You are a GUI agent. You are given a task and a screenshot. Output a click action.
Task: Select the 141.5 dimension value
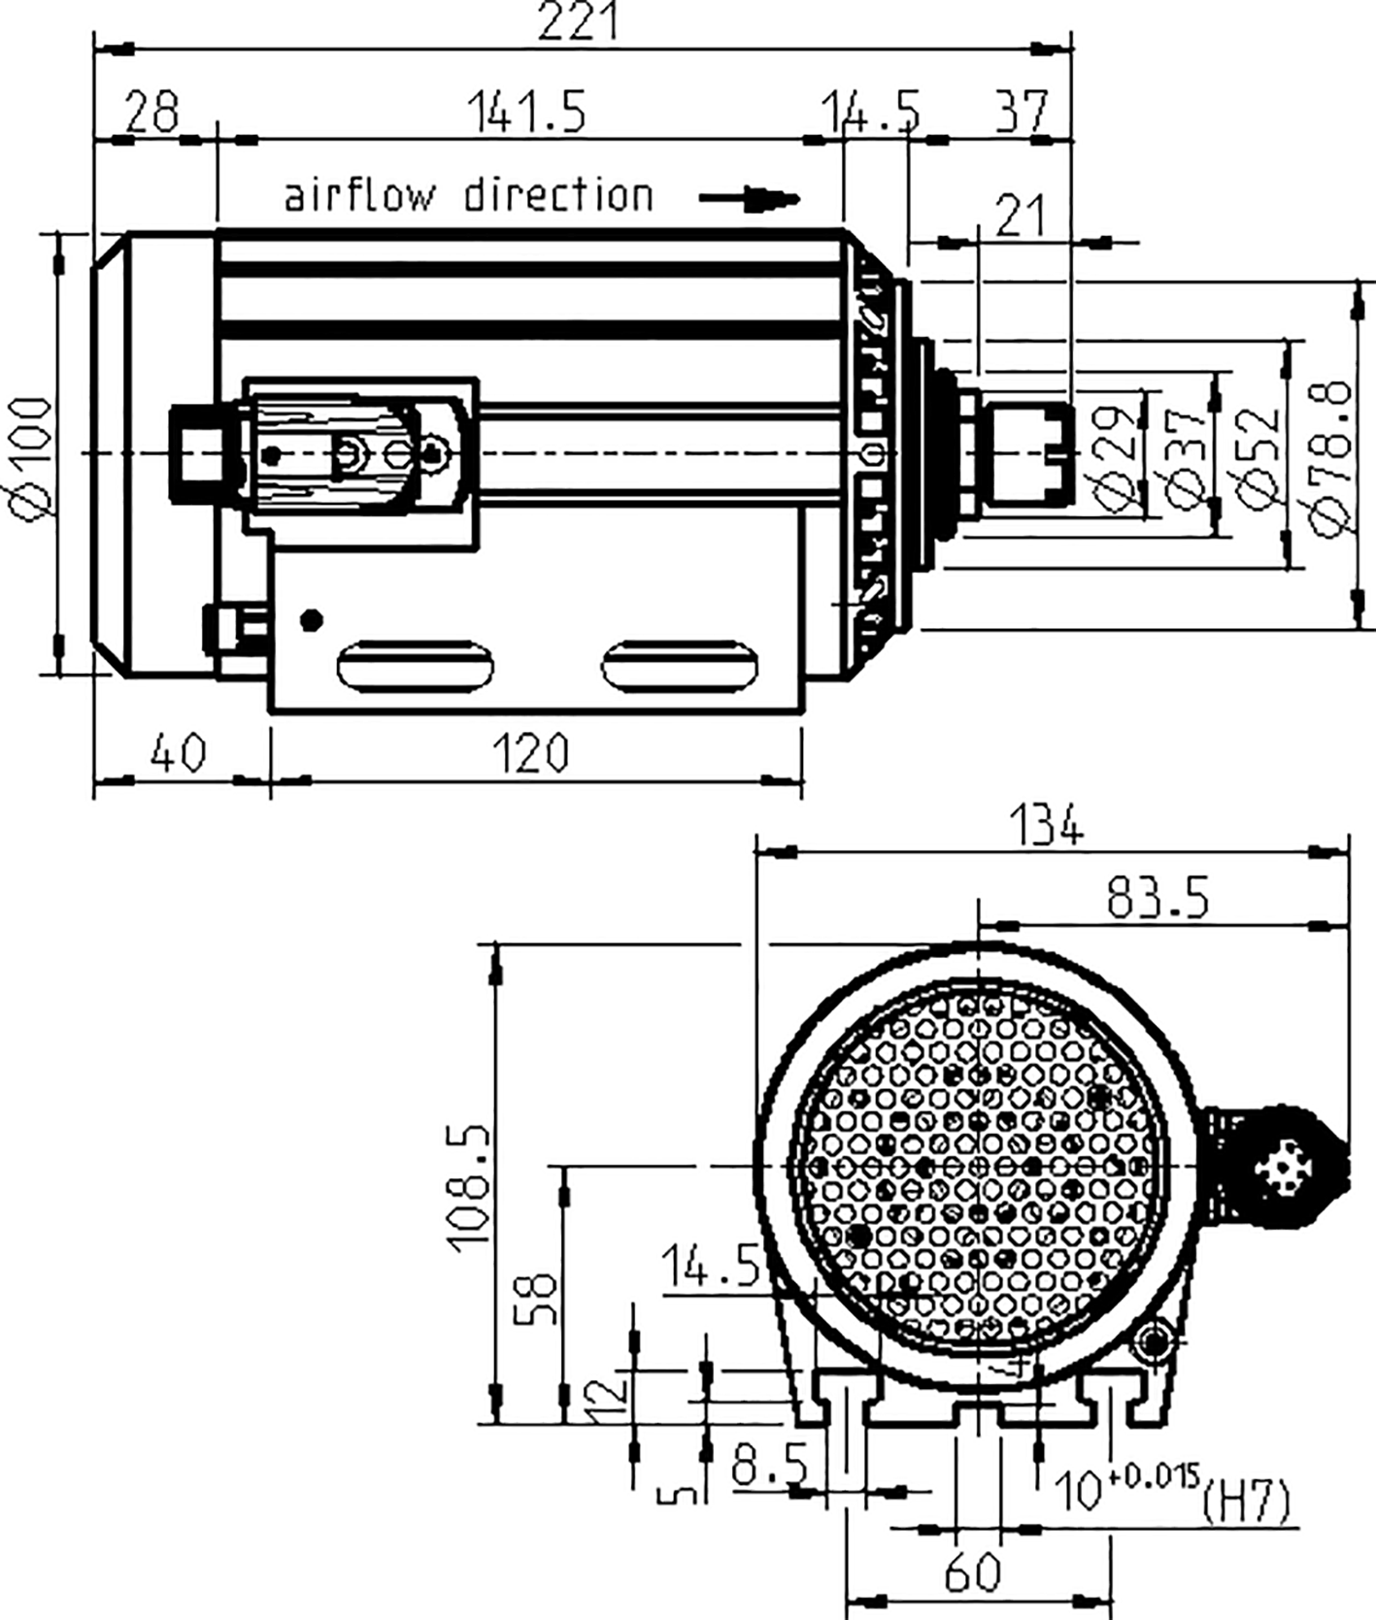[x=527, y=112]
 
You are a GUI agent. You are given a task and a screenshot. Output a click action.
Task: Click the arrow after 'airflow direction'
[x=750, y=199]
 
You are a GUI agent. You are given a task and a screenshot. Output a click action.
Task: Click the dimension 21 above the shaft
[x=1020, y=215]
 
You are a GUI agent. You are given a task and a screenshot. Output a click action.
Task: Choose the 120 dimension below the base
[x=530, y=753]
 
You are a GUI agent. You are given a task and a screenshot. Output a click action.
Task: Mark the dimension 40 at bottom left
[x=179, y=753]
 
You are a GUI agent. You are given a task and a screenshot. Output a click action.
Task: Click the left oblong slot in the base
[x=416, y=666]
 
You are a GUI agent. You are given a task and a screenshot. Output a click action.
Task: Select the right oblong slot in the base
[x=679, y=666]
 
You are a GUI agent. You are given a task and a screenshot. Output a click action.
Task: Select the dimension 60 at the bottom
[x=971, y=1570]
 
